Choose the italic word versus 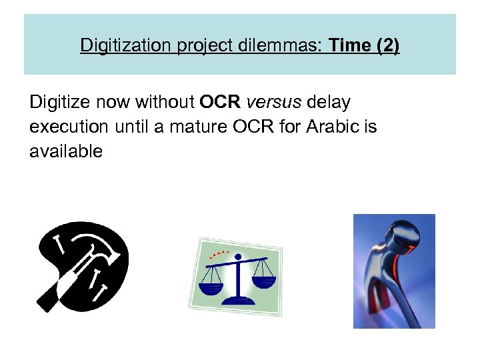point(274,103)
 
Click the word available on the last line point(66,151)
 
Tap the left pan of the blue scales point(213,289)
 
